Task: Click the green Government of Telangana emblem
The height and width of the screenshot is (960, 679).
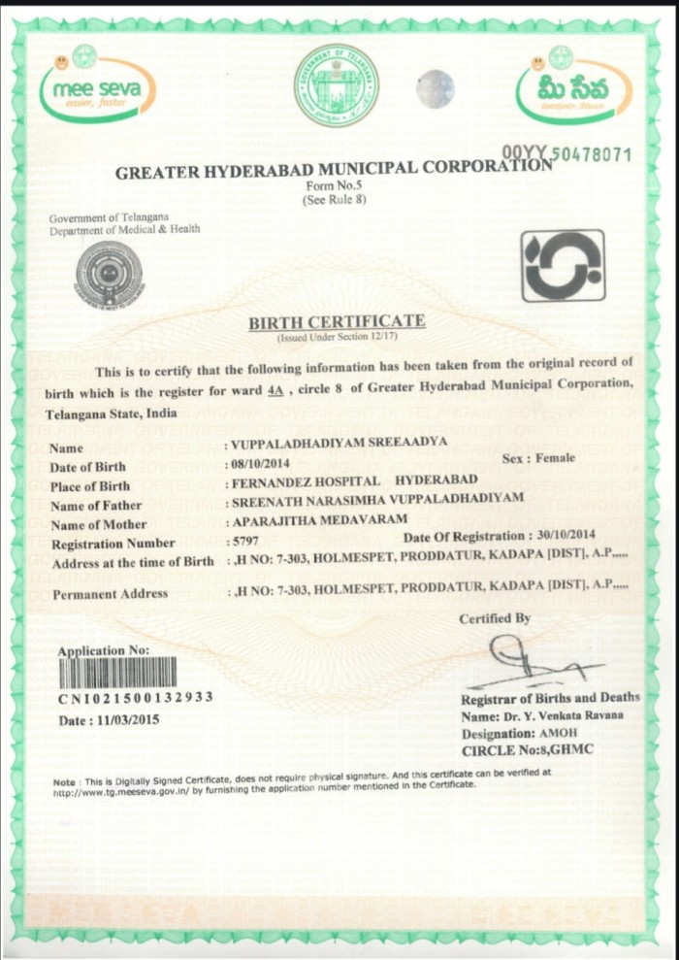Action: tap(337, 85)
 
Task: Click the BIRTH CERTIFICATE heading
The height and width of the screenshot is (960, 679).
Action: tap(337, 320)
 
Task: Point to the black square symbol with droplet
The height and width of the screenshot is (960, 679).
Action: tap(562, 265)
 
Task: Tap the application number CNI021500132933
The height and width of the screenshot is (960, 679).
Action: tap(136, 698)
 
